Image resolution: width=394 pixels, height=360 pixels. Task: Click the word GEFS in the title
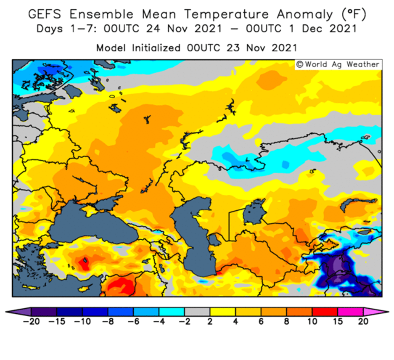click(45, 14)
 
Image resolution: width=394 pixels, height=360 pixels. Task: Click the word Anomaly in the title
click(304, 15)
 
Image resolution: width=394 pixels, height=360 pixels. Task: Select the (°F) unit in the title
click(354, 14)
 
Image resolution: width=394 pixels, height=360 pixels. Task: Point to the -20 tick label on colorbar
click(31, 321)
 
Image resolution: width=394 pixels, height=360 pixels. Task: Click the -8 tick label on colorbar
click(108, 321)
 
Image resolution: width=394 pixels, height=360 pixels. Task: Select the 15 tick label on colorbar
click(338, 321)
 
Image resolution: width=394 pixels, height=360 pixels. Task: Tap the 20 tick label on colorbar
click(363, 321)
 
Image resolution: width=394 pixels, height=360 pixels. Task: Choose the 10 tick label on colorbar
click(312, 321)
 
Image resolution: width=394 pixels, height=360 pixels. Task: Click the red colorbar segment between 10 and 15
click(325, 312)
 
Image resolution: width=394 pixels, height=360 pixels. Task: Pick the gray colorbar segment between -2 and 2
click(197, 312)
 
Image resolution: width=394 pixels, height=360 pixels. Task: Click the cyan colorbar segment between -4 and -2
click(172, 312)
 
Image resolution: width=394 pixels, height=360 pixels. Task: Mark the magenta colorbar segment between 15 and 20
click(350, 312)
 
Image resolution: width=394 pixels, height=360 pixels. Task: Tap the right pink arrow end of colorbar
click(375, 312)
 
